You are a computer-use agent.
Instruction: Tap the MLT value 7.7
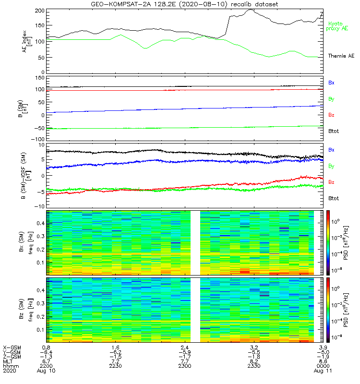tap(185, 361)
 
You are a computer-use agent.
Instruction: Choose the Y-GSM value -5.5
tap(254, 352)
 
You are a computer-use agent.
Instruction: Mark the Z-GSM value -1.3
tap(46, 356)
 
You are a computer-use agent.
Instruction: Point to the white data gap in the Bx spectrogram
tap(195, 242)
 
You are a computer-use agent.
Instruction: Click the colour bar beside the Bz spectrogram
tap(329, 310)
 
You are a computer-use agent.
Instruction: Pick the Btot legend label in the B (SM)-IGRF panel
tap(334, 198)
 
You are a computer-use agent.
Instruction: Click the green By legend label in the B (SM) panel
tap(331, 99)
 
